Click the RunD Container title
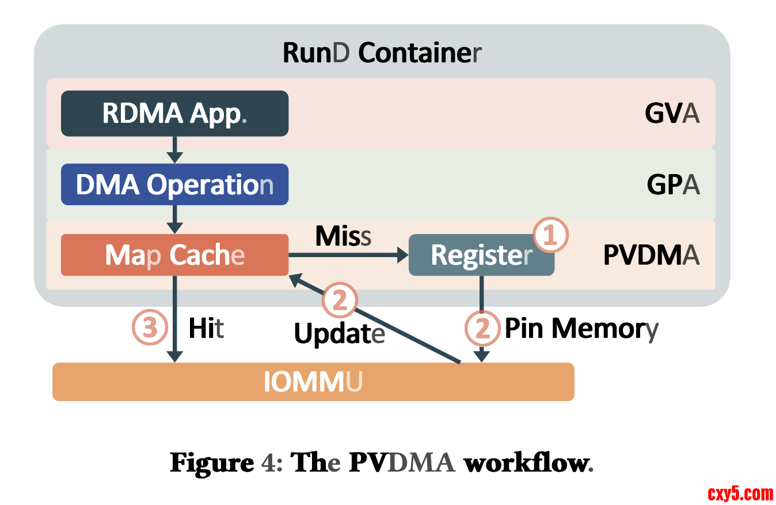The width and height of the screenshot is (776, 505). pos(382,53)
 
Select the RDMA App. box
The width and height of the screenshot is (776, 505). pos(174,114)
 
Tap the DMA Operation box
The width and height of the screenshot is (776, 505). pos(174,184)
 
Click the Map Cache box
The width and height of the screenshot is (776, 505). pos(174,255)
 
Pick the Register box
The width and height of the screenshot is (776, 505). pos(481,255)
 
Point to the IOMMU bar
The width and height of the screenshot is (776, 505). pos(313,382)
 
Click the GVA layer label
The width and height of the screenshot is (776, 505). pos(672,114)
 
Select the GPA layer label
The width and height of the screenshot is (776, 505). pos(673,185)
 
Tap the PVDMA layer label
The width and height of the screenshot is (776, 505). pos(651,255)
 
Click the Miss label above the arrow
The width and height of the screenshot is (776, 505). pos(343,235)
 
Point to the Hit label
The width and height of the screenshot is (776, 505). pos(206,329)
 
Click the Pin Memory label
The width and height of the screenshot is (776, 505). pos(581,329)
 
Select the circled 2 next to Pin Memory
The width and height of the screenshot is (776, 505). pos(482,329)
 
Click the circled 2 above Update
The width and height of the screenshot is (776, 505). pos(340,301)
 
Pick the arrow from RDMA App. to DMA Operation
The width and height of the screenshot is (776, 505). pos(174,150)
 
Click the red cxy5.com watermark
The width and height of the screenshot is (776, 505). pos(740,493)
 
